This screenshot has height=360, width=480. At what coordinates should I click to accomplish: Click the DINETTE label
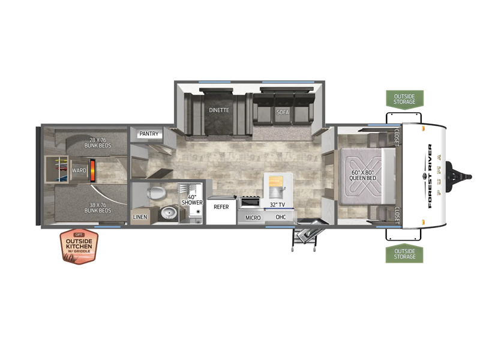coord(219,110)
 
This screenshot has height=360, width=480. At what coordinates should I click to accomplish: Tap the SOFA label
coord(283,112)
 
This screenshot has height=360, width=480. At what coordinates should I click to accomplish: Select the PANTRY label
coord(149,134)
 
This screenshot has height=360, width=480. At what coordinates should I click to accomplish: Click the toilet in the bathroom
coord(156,193)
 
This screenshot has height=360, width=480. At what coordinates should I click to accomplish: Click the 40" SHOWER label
coord(192,200)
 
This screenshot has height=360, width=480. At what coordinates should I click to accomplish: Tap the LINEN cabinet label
coord(140,217)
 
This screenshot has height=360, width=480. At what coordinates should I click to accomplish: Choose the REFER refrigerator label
coord(221,207)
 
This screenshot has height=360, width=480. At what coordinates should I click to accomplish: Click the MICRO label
coord(253,218)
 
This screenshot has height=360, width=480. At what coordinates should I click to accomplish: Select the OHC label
coord(281,217)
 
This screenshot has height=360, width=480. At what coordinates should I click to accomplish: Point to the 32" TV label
coord(277,205)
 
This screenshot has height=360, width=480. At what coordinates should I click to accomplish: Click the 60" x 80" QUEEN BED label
coord(363,175)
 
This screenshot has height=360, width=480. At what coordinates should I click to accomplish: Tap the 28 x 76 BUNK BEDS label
coord(98,143)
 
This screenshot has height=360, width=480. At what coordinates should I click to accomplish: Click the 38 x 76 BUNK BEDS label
coord(98,208)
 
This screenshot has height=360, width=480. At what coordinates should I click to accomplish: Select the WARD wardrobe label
coord(79,170)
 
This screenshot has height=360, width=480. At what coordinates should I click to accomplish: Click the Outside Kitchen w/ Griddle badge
coord(79,246)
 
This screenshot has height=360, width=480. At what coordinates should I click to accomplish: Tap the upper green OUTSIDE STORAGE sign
coord(404,99)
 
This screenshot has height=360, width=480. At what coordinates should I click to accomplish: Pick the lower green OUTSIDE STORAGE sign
coord(404,253)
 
